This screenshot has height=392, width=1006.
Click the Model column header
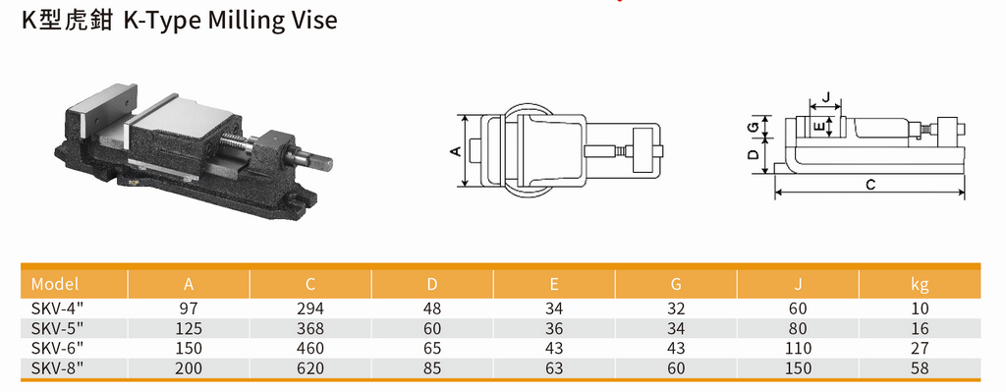point(55,285)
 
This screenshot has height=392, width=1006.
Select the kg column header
point(919,285)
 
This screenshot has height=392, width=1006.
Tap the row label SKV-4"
point(56,308)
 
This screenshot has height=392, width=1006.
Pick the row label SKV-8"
point(56,367)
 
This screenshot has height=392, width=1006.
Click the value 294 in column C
point(309,308)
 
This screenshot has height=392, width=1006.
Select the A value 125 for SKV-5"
point(188,328)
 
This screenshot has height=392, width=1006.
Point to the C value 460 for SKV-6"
point(309,348)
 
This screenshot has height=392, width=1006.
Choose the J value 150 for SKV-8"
point(797,367)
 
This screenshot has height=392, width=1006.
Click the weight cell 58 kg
point(919,367)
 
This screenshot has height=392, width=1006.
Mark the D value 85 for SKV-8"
point(431,367)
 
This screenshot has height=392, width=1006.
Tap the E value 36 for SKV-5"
point(553,328)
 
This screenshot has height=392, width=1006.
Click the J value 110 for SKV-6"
point(797,348)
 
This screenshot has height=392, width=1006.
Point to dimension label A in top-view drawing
point(454,151)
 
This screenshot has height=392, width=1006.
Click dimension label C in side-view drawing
point(870,184)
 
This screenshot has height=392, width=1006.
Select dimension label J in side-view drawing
point(827,97)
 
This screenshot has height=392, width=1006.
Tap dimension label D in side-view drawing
point(753,154)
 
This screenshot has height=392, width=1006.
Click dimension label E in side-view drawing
point(817,126)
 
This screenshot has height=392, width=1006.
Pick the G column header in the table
point(675,285)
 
